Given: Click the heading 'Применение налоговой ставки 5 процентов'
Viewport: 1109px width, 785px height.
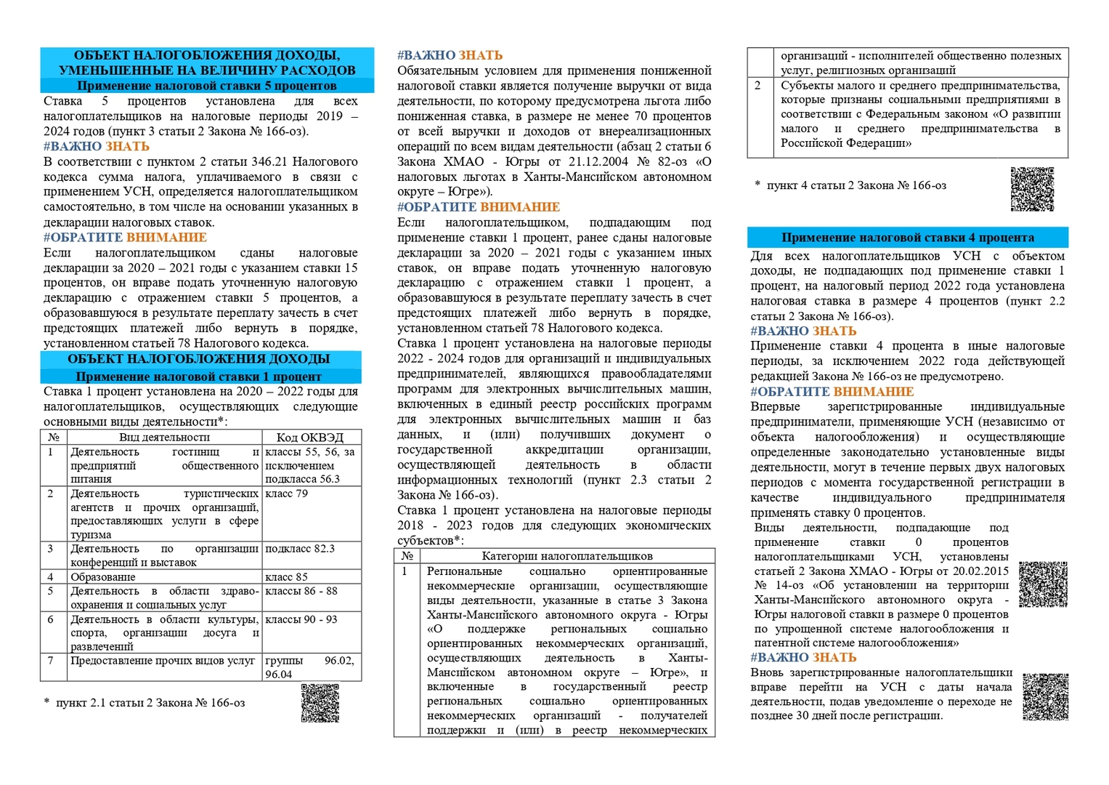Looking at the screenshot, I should point(207,86).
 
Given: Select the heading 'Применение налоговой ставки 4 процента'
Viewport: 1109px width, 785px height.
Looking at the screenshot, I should point(907,238).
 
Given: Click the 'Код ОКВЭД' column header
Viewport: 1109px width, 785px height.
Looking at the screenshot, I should point(310,437).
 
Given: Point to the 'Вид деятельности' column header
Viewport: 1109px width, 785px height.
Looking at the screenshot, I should point(165,437).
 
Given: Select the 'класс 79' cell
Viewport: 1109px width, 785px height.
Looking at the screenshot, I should point(287,494).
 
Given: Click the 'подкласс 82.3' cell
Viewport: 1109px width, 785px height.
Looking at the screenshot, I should point(300,549).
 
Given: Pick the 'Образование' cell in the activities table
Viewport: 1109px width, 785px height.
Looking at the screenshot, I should point(103,577).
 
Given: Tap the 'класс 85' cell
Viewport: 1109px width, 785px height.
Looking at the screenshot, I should point(287,577).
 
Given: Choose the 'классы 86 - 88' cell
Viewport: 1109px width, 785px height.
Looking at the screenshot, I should point(301,591).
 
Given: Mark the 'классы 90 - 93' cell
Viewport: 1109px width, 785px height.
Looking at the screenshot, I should point(301,619).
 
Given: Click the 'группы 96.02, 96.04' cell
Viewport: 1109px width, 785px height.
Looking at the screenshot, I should point(310,667).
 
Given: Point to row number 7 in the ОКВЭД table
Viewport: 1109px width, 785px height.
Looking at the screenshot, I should point(51,661).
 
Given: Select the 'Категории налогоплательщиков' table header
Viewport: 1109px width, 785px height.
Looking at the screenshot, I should point(567,556).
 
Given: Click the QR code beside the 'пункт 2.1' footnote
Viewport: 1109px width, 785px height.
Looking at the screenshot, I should point(320,703).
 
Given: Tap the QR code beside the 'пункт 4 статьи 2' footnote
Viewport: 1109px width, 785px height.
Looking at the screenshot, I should point(1032,189).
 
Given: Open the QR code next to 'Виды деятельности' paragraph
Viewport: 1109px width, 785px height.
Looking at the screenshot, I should point(1043,584).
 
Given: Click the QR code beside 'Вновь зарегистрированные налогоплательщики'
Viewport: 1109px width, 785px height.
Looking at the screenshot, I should point(1045,696).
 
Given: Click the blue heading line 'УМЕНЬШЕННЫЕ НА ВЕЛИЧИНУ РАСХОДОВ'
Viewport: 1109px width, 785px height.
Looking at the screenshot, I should point(207,71).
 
